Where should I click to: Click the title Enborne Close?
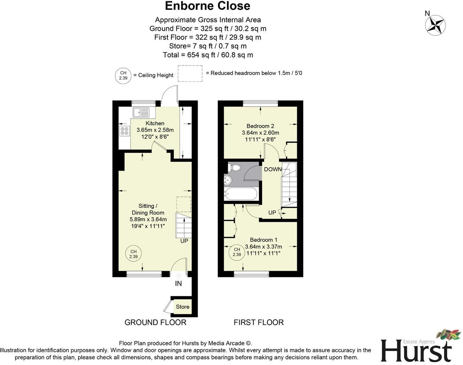tap(207, 6)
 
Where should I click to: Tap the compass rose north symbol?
tap(435, 25)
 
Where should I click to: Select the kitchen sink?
tap(141, 112)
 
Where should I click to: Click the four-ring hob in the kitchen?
tap(124, 131)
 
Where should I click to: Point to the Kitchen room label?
tap(155, 123)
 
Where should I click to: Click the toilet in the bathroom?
tap(234, 168)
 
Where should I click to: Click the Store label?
tap(183, 307)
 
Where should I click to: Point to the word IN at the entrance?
tap(178, 284)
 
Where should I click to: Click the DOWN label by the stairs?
tap(273, 170)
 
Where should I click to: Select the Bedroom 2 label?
tap(260, 126)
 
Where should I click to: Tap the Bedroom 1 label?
tap(263, 240)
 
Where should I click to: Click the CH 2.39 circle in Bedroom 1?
tap(237, 252)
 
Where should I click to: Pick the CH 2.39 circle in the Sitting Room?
tap(133, 254)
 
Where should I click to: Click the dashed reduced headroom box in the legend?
tap(190, 73)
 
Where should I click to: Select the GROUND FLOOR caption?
tap(155, 323)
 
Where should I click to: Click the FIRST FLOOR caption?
tap(258, 323)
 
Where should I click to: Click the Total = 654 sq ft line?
tap(208, 55)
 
